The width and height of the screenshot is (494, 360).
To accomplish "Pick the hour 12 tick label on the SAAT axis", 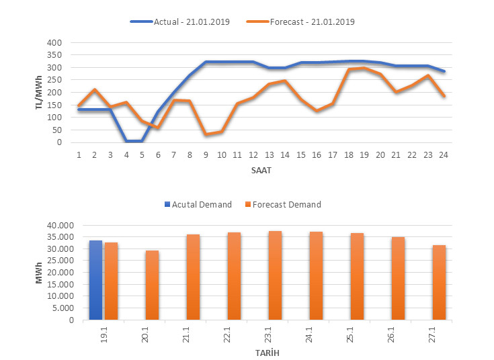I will click(x=253, y=154).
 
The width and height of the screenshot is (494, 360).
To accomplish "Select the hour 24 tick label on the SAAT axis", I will click(x=443, y=154).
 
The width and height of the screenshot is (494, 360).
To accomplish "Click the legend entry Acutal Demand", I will click(x=202, y=204).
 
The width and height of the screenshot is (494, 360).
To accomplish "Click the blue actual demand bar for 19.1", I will click(x=95, y=280).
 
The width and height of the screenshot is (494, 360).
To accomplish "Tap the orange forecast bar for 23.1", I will click(x=275, y=275).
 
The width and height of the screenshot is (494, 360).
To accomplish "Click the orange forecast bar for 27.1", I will click(x=439, y=282).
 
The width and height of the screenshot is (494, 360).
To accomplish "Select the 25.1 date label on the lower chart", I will click(x=358, y=334).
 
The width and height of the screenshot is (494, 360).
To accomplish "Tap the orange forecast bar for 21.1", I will click(x=193, y=277).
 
